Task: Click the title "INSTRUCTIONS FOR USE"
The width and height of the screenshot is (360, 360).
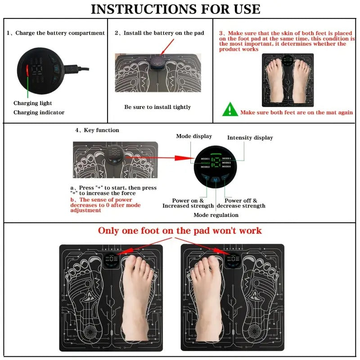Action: [175, 9]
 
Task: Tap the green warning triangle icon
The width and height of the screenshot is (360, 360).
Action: [230, 109]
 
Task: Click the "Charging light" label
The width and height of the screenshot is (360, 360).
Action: [33, 103]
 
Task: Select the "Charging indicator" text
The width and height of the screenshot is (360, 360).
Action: [39, 112]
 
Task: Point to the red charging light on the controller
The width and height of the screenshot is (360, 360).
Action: [27, 71]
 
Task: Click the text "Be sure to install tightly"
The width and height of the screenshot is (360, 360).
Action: [157, 107]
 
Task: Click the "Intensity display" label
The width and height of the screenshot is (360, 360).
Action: [250, 138]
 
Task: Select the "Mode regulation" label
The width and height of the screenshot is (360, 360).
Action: [216, 215]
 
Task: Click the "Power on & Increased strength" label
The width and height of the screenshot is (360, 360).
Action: [188, 203]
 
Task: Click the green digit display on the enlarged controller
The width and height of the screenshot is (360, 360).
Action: [215, 162]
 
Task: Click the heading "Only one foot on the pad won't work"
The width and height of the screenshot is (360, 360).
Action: [180, 231]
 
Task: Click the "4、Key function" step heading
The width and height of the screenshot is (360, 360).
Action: [97, 130]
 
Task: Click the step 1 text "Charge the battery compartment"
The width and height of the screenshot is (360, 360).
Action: [56, 33]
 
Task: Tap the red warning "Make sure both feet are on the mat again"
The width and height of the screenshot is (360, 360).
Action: [296, 112]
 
